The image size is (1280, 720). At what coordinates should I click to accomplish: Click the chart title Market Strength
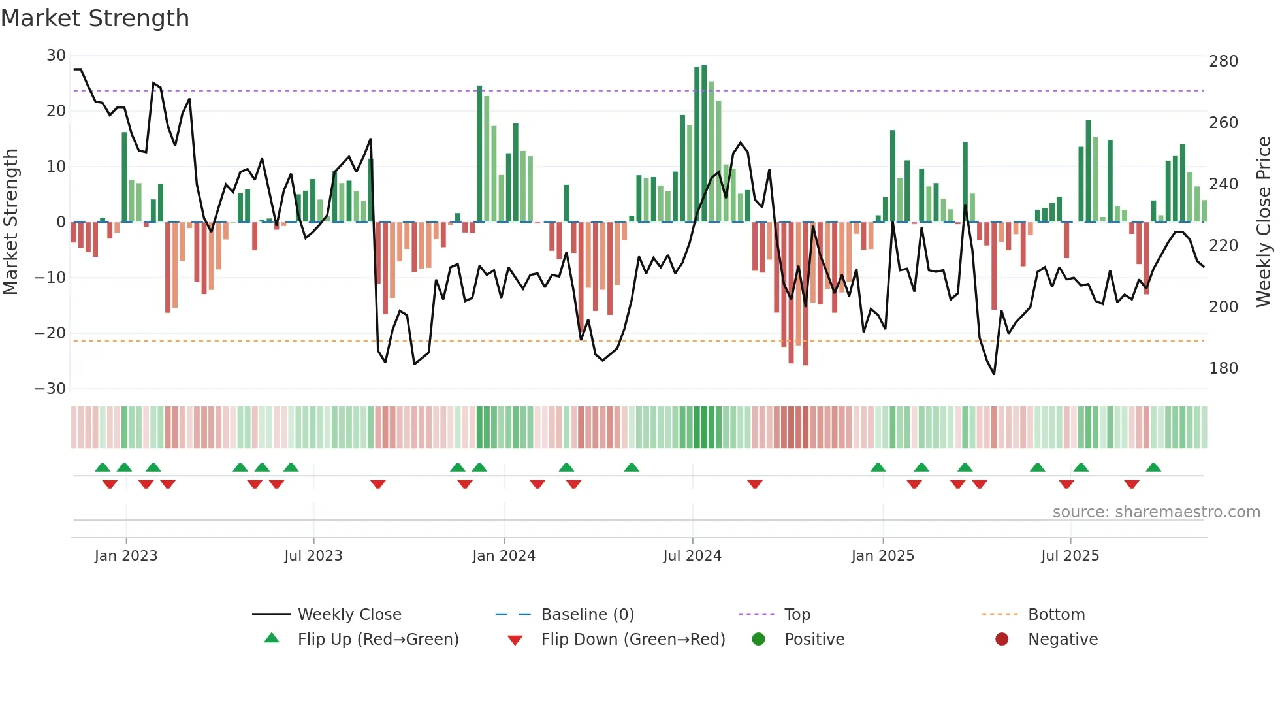(95, 18)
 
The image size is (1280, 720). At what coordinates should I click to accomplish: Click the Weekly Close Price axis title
(1264, 221)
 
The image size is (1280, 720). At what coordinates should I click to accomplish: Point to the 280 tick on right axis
(1223, 61)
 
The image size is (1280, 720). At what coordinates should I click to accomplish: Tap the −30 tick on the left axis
(50, 389)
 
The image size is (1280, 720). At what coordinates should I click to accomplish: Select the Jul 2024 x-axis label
(692, 556)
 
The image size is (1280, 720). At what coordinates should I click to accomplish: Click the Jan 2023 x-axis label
(126, 556)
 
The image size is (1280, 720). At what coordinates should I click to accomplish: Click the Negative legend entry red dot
(1002, 640)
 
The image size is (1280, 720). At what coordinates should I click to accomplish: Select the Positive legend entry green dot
(758, 640)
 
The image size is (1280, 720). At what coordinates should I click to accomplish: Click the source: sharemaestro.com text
(1156, 512)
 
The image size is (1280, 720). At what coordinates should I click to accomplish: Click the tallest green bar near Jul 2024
(704, 144)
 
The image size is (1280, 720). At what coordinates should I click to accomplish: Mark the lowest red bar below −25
(805, 294)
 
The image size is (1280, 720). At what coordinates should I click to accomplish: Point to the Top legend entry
(797, 615)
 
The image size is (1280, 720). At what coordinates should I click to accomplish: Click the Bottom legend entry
(1056, 615)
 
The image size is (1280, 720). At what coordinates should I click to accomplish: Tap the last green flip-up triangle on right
(1153, 468)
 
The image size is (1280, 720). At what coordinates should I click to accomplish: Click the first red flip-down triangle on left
(110, 484)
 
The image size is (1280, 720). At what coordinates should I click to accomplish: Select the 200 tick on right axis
(1223, 307)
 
